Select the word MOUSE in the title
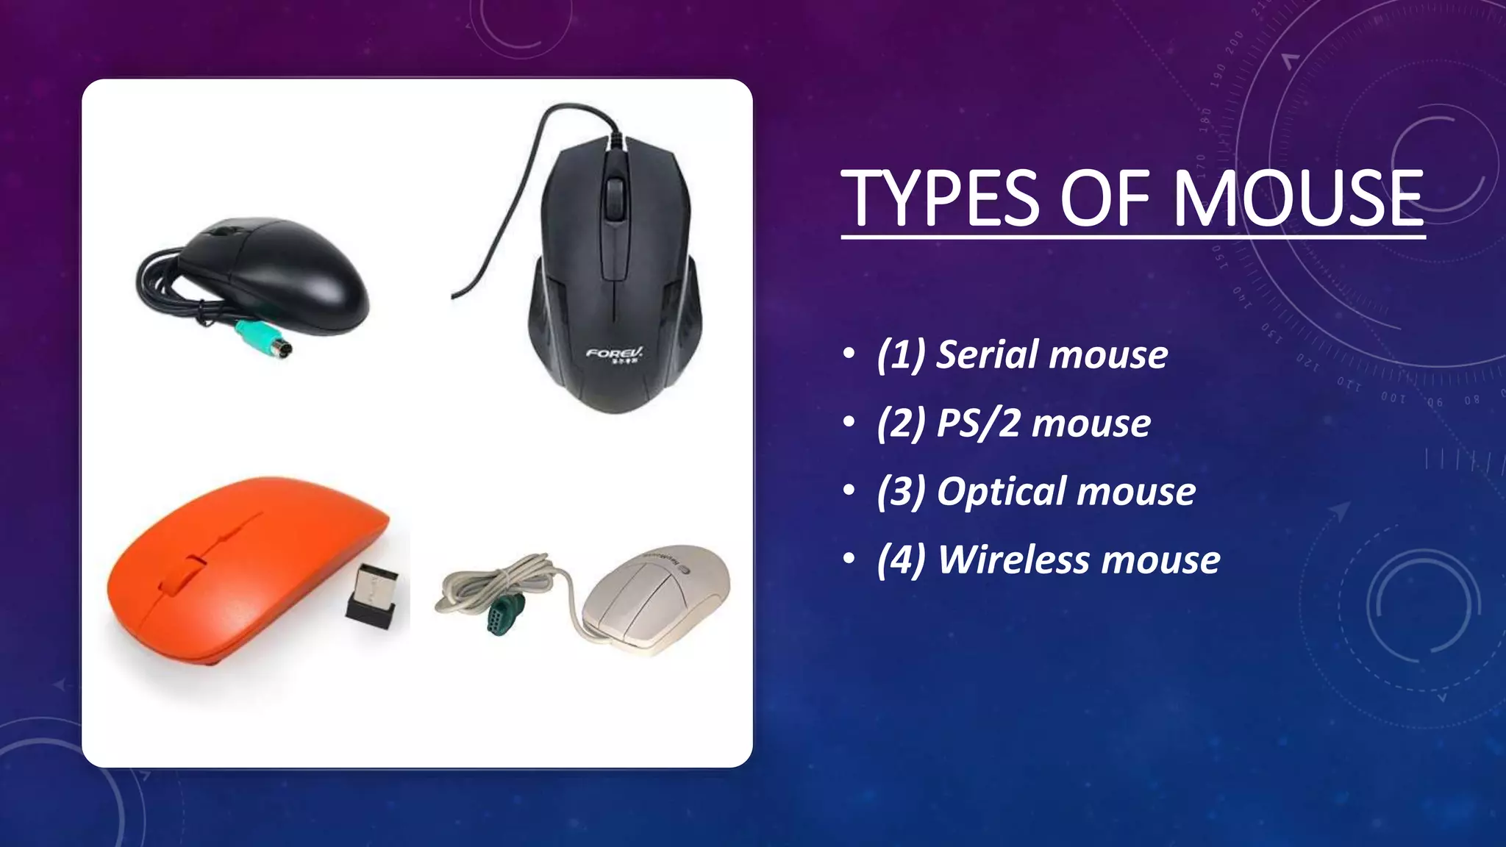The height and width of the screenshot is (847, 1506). pyautogui.click(x=1297, y=199)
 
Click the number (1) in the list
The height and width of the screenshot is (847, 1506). pyautogui.click(x=901, y=355)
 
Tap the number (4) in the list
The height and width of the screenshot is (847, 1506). pyautogui.click(x=902, y=560)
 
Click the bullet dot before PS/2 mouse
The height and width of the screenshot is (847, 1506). pyautogui.click(x=849, y=423)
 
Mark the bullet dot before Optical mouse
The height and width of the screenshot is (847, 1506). pyautogui.click(x=849, y=491)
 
